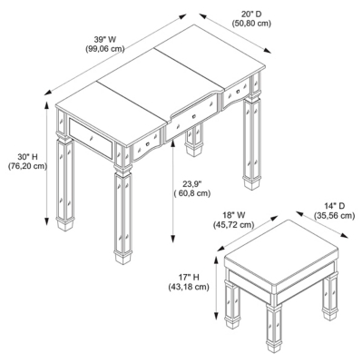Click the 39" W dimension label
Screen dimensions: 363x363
[105, 40]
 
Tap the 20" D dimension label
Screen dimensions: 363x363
[251, 14]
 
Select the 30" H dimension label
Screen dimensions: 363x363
[27, 157]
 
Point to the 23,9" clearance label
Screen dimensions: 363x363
[192, 184]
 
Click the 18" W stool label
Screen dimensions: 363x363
[234, 215]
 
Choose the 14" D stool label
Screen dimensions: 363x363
[334, 206]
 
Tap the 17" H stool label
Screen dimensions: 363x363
[189, 277]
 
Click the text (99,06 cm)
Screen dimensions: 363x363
[105, 49]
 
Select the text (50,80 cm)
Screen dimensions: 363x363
[251, 24]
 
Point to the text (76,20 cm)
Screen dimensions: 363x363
[27, 166]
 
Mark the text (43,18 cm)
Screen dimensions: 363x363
[189, 286]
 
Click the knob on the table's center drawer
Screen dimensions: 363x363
[194, 116]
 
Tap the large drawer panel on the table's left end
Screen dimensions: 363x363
[91, 138]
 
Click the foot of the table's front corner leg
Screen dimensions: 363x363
[123, 258]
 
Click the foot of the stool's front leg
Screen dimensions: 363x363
[274, 347]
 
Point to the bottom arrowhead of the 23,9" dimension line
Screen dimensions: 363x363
[173, 239]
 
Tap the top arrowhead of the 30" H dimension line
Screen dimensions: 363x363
[46, 105]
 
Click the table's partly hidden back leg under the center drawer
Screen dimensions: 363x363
[194, 140]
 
